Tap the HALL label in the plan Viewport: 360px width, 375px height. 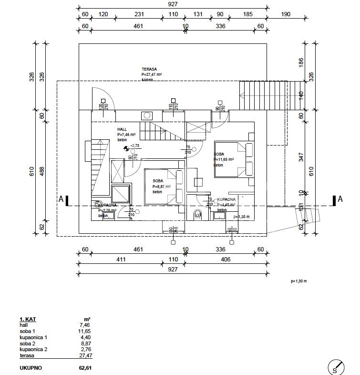(x=123, y=129)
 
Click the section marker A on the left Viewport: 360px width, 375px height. (x=61, y=199)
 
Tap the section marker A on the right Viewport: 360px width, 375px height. (x=340, y=199)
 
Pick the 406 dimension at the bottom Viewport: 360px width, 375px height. (x=226, y=260)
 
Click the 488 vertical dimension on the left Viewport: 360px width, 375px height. (x=41, y=171)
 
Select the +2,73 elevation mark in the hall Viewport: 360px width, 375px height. (x=134, y=146)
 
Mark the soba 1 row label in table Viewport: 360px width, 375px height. (x=28, y=331)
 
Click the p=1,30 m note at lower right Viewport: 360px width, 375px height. (x=298, y=281)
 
